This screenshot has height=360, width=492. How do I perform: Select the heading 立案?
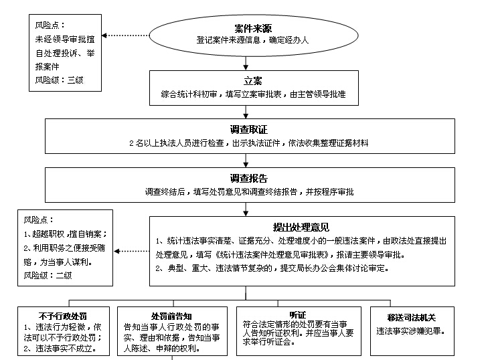click(x=247, y=81)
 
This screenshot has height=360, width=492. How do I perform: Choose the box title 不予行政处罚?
click(x=64, y=317)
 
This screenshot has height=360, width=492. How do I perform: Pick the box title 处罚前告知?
click(x=173, y=317)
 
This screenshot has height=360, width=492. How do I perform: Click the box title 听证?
click(x=298, y=314)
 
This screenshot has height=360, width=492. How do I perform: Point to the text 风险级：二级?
click(x=48, y=274)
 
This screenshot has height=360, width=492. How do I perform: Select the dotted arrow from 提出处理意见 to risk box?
click(x=131, y=251)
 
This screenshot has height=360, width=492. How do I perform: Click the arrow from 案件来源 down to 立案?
click(x=246, y=63)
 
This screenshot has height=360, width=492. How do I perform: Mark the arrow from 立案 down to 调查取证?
click(x=246, y=112)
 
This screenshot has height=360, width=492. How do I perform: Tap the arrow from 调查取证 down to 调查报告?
click(x=246, y=161)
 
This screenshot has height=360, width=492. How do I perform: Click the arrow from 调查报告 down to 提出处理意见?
click(x=246, y=209)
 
